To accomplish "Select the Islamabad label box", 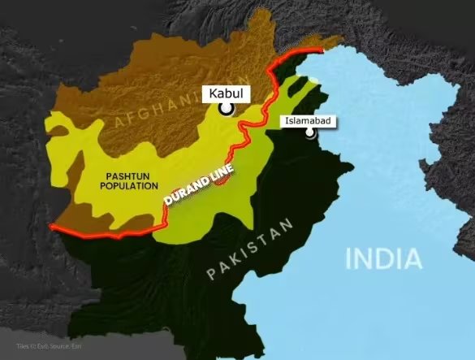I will point(308,122).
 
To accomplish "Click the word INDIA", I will point(384,259).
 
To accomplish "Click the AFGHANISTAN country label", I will point(158,112).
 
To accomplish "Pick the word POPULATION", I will point(130,185).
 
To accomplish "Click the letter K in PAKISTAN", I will point(230,263).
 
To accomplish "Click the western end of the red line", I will point(51,226).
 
